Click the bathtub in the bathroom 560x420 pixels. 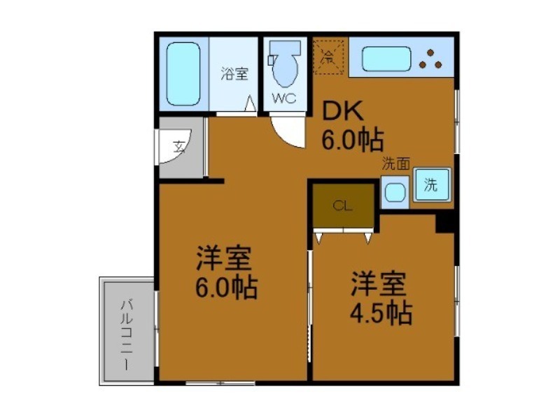[183, 73]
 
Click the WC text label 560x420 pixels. [284, 98]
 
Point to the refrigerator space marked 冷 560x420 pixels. [328, 56]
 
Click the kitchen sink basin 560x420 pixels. [386, 59]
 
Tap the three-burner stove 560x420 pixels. [430, 59]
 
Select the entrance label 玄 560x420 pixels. [179, 148]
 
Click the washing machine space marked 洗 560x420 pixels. [431, 185]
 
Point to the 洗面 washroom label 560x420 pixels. [395, 164]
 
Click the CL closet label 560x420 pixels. [342, 205]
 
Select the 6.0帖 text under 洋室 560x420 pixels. [225, 286]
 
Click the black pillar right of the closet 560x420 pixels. [446, 222]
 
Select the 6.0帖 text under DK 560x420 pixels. [353, 141]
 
